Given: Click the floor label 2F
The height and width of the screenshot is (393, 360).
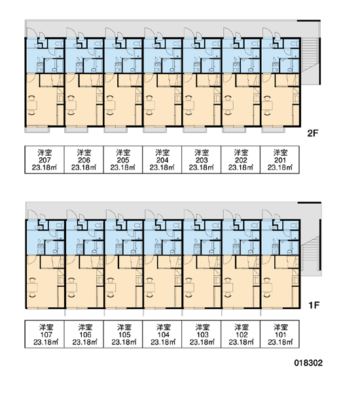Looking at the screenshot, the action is (x=313, y=133).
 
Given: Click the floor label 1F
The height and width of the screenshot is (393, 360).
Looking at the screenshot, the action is (x=314, y=305).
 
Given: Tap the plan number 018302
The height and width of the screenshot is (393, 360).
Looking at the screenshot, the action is (x=308, y=363).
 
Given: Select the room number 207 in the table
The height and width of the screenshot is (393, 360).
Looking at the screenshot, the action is (x=45, y=160).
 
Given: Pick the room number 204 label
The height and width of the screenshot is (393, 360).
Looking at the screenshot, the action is (x=162, y=160).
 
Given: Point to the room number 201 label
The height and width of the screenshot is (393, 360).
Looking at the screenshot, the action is (x=280, y=160).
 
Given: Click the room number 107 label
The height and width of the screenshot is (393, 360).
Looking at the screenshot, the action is (x=46, y=335).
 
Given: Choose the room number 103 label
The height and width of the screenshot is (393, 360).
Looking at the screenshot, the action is (x=202, y=335).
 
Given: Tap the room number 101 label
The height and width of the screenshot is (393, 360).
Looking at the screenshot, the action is (x=280, y=335).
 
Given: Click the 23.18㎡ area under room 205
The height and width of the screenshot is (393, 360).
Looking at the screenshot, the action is (x=123, y=167).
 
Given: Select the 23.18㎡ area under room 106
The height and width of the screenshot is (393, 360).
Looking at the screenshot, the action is (x=84, y=342).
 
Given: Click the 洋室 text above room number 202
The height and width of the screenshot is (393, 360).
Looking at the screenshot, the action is (x=241, y=153).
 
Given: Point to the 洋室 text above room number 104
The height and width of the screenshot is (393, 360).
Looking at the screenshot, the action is (x=164, y=327).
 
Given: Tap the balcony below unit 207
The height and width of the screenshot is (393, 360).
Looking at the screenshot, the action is (x=37, y=130).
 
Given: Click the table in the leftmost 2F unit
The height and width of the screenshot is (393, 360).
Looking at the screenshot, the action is (x=32, y=105).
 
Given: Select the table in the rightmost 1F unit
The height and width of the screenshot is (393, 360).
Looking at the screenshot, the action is (x=267, y=288).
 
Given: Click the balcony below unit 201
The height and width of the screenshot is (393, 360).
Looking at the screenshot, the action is (x=273, y=130).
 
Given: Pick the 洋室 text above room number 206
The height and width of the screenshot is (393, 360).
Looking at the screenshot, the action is (x=84, y=153).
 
